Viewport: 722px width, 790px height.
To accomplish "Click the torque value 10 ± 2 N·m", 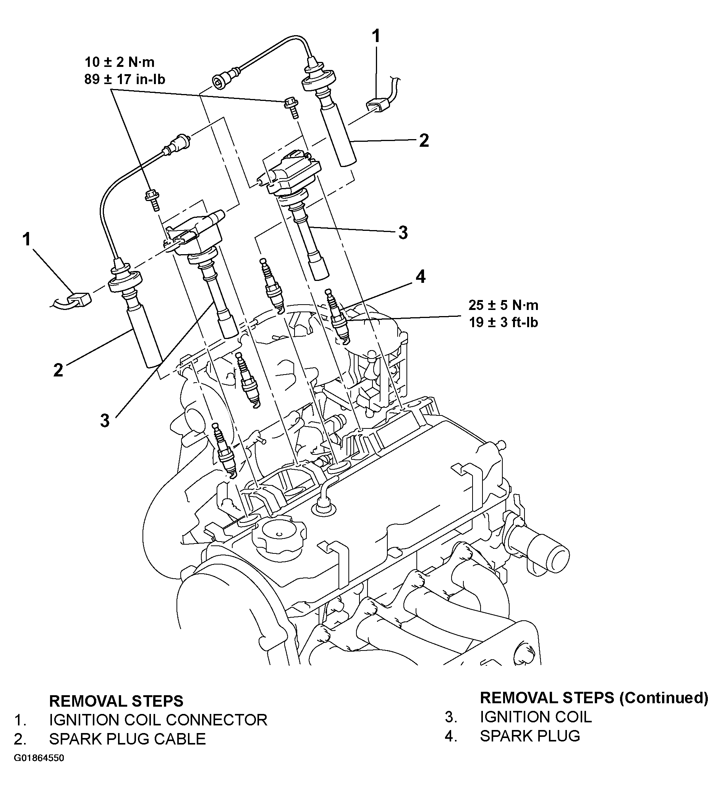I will click(120, 62).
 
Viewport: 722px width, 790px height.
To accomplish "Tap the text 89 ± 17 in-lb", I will click(125, 79).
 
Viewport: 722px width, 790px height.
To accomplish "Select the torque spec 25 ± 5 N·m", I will click(503, 305).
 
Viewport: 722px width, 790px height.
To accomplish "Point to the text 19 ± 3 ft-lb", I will click(503, 323).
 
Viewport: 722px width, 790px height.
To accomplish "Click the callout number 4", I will click(420, 277).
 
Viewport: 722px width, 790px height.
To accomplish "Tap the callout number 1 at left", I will click(27, 239).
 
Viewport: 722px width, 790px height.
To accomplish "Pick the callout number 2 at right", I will click(424, 140).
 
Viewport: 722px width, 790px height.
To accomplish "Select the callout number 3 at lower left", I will click(105, 421).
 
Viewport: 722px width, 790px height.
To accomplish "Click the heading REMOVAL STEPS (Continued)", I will click(594, 698).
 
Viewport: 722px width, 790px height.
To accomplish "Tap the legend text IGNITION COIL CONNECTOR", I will click(158, 720).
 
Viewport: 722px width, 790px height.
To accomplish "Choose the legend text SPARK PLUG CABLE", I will click(127, 739).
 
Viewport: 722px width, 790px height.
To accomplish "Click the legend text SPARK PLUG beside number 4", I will click(529, 736).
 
